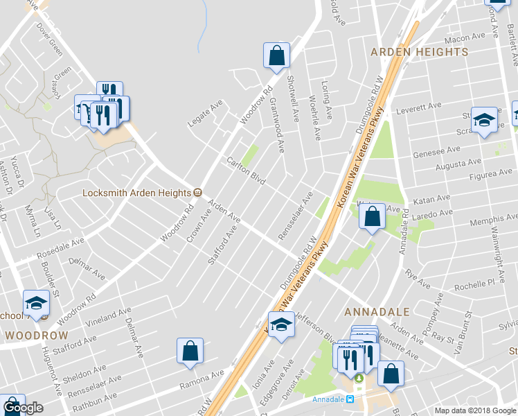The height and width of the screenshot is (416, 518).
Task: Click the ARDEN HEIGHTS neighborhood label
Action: tap(420, 52)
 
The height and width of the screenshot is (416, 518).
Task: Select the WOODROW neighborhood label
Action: tap(37, 336)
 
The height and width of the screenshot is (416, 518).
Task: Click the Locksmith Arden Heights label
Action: tap(136, 193)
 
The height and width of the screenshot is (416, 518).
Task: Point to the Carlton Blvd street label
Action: tap(247, 171)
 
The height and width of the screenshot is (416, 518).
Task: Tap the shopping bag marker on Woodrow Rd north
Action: tap(276, 56)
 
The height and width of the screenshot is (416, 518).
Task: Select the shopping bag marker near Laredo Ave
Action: tap(373, 217)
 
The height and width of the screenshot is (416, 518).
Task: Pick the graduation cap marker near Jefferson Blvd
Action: tap(281, 324)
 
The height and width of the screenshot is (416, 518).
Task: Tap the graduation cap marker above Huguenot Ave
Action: tap(36, 303)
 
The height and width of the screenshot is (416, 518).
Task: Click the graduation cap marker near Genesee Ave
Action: tap(483, 120)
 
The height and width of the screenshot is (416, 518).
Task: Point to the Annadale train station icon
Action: tap(350, 399)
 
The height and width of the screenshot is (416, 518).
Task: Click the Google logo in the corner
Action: tap(23, 408)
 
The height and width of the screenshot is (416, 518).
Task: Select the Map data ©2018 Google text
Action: tap(475, 410)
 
